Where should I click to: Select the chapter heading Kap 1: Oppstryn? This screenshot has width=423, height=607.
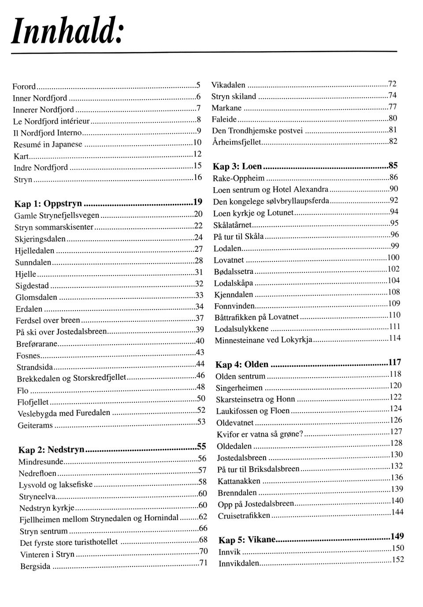tap(48, 204)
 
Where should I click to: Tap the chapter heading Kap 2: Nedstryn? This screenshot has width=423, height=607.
tap(51, 450)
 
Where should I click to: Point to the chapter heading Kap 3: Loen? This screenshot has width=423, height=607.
tap(237, 167)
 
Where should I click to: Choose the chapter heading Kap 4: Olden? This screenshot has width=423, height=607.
tap(242, 364)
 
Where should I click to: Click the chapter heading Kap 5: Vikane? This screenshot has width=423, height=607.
tap(247, 540)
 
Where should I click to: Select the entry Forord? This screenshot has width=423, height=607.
tap(24, 87)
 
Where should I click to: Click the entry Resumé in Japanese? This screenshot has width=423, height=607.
tap(48, 144)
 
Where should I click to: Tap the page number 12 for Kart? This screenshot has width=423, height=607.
tap(197, 154)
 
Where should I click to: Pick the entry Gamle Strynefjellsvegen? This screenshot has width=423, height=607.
tap(57, 216)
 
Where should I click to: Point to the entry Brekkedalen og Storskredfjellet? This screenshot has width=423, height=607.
tap(71, 378)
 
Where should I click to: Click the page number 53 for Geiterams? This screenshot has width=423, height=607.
tap(201, 422)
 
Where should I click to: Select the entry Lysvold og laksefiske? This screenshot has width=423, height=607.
tap(56, 485)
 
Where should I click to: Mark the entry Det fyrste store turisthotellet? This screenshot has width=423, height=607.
tap(69, 542)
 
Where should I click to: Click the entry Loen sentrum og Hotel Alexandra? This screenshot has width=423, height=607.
tap(271, 190)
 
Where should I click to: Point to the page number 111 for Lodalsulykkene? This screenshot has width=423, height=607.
tap(394, 326)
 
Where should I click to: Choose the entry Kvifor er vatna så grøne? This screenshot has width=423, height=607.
tap(260, 434)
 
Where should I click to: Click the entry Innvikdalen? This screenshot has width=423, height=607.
tap(239, 563)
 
